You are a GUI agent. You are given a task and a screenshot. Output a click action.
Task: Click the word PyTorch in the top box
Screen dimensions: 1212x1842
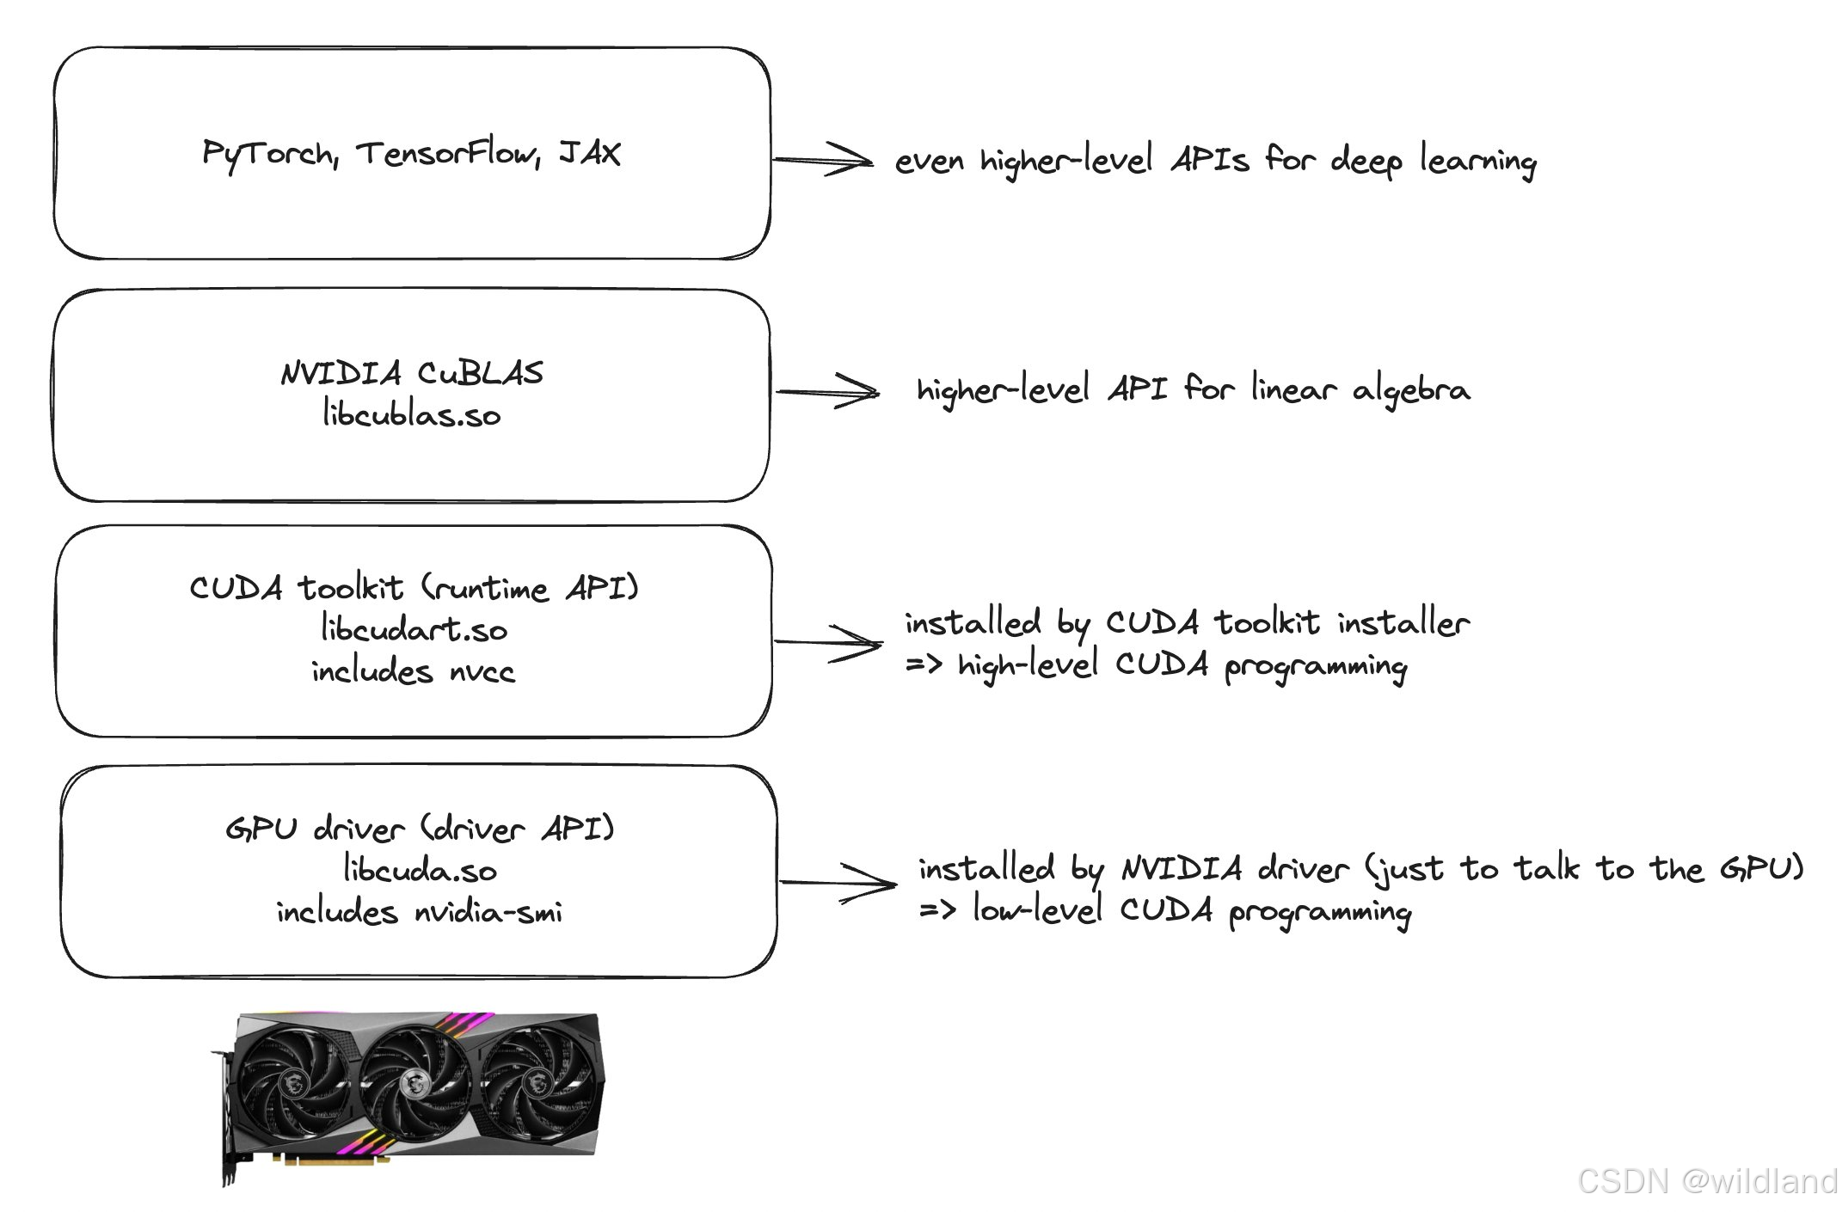269,155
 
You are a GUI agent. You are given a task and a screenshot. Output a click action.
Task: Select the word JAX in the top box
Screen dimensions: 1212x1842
590,153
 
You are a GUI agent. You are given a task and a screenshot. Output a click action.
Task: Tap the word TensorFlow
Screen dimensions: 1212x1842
448,154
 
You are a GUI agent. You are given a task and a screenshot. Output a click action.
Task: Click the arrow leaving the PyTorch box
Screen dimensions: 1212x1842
823,159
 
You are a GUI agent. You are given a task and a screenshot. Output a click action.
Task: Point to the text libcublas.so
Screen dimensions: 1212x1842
411,414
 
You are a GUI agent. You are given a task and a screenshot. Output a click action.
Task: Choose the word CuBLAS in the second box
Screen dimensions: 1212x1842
481,373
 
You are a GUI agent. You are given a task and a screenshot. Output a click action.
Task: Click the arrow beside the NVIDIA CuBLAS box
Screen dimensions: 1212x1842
827,392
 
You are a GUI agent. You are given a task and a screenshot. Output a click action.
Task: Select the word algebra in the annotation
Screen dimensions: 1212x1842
1411,391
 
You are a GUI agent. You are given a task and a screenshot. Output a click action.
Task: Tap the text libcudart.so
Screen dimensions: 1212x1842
414,629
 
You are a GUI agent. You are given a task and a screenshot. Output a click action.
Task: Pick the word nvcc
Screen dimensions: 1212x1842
482,671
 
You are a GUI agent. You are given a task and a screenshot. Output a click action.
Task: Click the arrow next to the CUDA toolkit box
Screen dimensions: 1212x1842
828,642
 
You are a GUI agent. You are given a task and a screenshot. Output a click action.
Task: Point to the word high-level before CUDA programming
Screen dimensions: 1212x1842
1028,665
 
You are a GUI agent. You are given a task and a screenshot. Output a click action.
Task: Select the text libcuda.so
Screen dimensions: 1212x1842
420,870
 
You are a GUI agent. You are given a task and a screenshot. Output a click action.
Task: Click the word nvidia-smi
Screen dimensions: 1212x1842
488,912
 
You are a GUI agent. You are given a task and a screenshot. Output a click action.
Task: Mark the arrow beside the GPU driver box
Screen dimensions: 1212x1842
838,883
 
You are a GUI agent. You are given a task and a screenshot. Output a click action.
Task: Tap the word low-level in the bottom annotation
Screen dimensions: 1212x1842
1037,910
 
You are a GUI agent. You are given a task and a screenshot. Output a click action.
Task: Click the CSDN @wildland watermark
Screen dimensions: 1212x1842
1708,1181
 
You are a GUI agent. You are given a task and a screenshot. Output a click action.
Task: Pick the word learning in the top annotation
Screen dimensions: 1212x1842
1477,162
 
